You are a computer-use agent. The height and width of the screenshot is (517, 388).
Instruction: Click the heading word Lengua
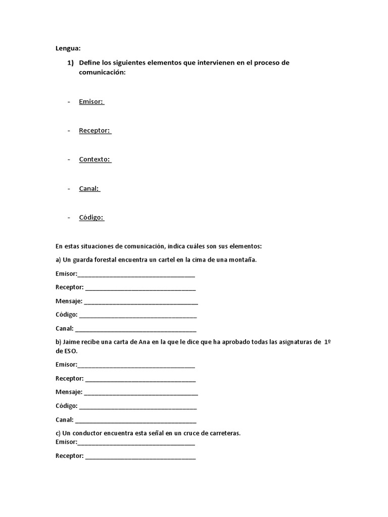click(68, 48)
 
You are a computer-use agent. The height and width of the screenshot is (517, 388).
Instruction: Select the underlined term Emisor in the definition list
click(91, 101)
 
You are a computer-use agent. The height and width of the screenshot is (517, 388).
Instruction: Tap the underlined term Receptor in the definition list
click(94, 130)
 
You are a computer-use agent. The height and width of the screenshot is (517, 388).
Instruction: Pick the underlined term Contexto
click(94, 159)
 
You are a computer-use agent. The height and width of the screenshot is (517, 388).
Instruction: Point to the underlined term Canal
click(89, 188)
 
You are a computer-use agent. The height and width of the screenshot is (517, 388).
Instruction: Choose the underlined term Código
click(91, 218)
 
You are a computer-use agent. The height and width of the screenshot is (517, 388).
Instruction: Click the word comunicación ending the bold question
click(102, 72)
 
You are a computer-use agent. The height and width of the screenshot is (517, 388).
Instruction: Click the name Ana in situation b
click(143, 342)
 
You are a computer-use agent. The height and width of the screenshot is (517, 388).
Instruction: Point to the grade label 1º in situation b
click(326, 342)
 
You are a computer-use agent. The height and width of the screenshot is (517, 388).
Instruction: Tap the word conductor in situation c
click(87, 433)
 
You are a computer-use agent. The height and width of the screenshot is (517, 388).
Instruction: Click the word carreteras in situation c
click(223, 433)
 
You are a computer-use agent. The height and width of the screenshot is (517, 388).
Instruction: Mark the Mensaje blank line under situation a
click(141, 302)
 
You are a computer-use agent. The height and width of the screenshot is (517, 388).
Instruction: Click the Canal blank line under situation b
click(135, 421)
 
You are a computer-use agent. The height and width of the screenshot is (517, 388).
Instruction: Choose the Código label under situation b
click(66, 406)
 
